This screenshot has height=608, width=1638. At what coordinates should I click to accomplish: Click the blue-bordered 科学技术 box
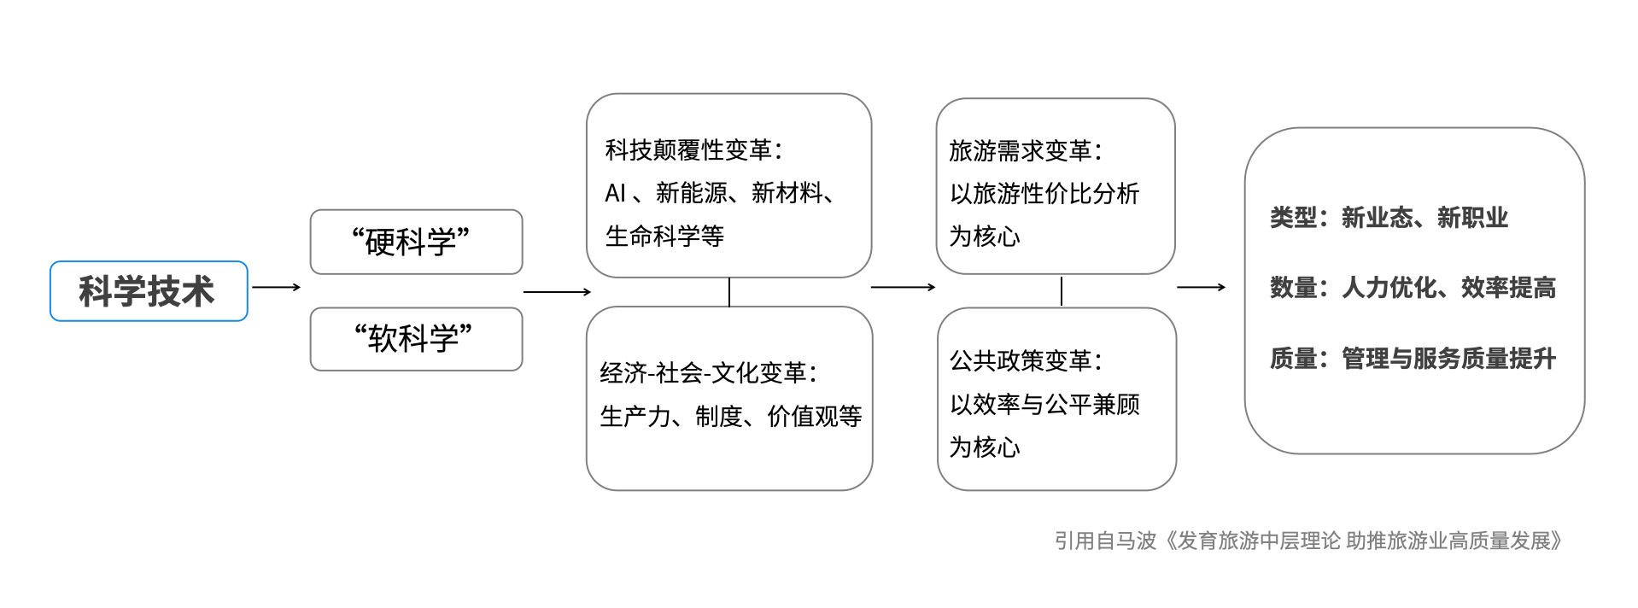tap(149, 291)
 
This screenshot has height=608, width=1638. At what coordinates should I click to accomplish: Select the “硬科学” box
tap(416, 242)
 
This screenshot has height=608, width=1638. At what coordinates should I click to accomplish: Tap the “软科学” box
tap(416, 339)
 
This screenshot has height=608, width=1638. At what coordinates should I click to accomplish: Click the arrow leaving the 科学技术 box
tap(277, 287)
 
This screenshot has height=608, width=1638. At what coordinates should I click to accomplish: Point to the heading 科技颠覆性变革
tap(693, 150)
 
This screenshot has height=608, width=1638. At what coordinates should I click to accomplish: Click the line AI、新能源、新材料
tap(720, 193)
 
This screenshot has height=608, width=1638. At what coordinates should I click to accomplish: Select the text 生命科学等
tap(664, 236)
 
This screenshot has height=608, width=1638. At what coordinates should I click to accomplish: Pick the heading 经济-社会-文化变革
tap(708, 373)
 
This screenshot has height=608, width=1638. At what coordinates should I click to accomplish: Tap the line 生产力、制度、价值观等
tap(731, 417)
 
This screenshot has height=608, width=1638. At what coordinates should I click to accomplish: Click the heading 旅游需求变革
tap(1026, 151)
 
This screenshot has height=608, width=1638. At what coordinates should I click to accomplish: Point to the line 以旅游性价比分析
tap(1044, 194)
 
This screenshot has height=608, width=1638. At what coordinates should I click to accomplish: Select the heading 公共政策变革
tap(1026, 361)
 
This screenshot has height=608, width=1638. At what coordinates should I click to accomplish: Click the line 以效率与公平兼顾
tap(1044, 404)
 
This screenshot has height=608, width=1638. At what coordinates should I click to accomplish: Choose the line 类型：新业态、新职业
tap(1389, 218)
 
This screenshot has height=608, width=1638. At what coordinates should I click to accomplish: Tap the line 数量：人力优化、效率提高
tap(1413, 288)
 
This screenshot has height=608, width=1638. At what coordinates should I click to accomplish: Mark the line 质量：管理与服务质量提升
tap(1413, 359)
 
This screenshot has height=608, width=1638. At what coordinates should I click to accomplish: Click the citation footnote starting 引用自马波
tap(1308, 541)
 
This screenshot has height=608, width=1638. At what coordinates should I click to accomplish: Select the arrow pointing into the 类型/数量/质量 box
tap(1202, 287)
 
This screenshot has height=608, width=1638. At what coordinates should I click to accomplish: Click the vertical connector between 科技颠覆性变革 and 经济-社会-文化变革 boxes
tap(729, 292)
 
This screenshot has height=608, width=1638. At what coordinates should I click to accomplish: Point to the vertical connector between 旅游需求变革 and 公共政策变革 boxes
tap(1062, 291)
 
